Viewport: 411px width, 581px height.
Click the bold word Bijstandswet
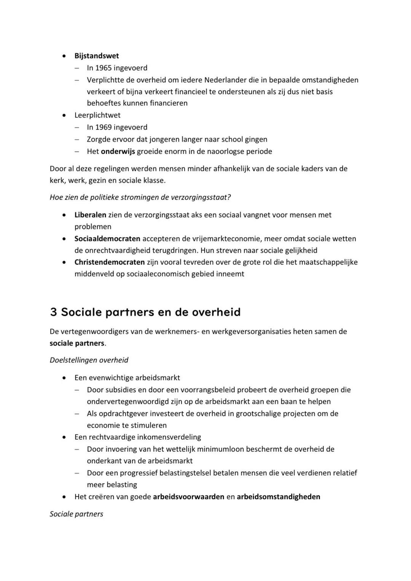click(x=97, y=56)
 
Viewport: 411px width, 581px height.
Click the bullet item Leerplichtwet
click(x=97, y=115)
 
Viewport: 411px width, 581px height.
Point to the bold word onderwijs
click(x=118, y=151)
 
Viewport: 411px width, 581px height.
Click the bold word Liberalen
click(x=90, y=215)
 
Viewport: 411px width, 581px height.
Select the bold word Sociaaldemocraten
click(x=107, y=239)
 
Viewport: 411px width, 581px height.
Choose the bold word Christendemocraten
click(x=110, y=262)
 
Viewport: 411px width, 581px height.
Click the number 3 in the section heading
click(x=54, y=312)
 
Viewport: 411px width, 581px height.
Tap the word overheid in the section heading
click(x=216, y=312)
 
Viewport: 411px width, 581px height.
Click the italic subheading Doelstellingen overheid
click(x=89, y=360)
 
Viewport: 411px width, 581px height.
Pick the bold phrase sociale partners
click(x=77, y=343)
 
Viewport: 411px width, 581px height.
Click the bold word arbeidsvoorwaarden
click(x=188, y=496)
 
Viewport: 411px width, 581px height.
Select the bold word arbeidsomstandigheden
click(x=278, y=496)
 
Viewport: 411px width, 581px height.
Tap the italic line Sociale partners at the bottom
click(x=76, y=514)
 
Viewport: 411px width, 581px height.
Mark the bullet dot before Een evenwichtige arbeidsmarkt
click(x=65, y=378)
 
